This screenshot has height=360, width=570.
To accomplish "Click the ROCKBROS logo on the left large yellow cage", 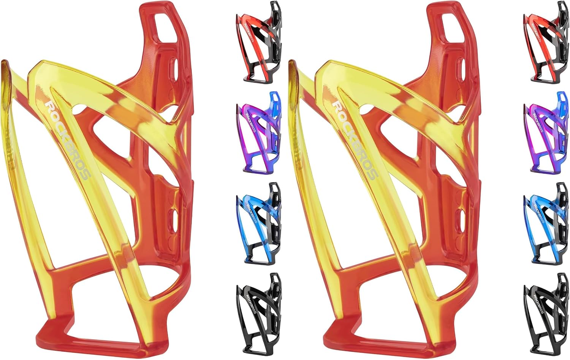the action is pyautogui.click(x=67, y=141).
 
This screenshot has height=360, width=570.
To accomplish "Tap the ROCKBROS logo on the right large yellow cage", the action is pyautogui.click(x=355, y=141).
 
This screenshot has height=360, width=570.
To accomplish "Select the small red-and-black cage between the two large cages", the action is pyautogui.click(x=258, y=42).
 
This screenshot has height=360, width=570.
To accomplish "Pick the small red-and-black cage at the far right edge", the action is pyautogui.click(x=546, y=42).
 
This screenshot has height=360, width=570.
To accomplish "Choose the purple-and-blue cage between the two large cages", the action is pyautogui.click(x=258, y=133).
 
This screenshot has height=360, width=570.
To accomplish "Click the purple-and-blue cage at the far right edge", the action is pyautogui.click(x=546, y=133).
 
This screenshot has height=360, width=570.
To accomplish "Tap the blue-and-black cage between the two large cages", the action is pyautogui.click(x=258, y=224).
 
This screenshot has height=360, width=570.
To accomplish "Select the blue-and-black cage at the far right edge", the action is pyautogui.click(x=546, y=224).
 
